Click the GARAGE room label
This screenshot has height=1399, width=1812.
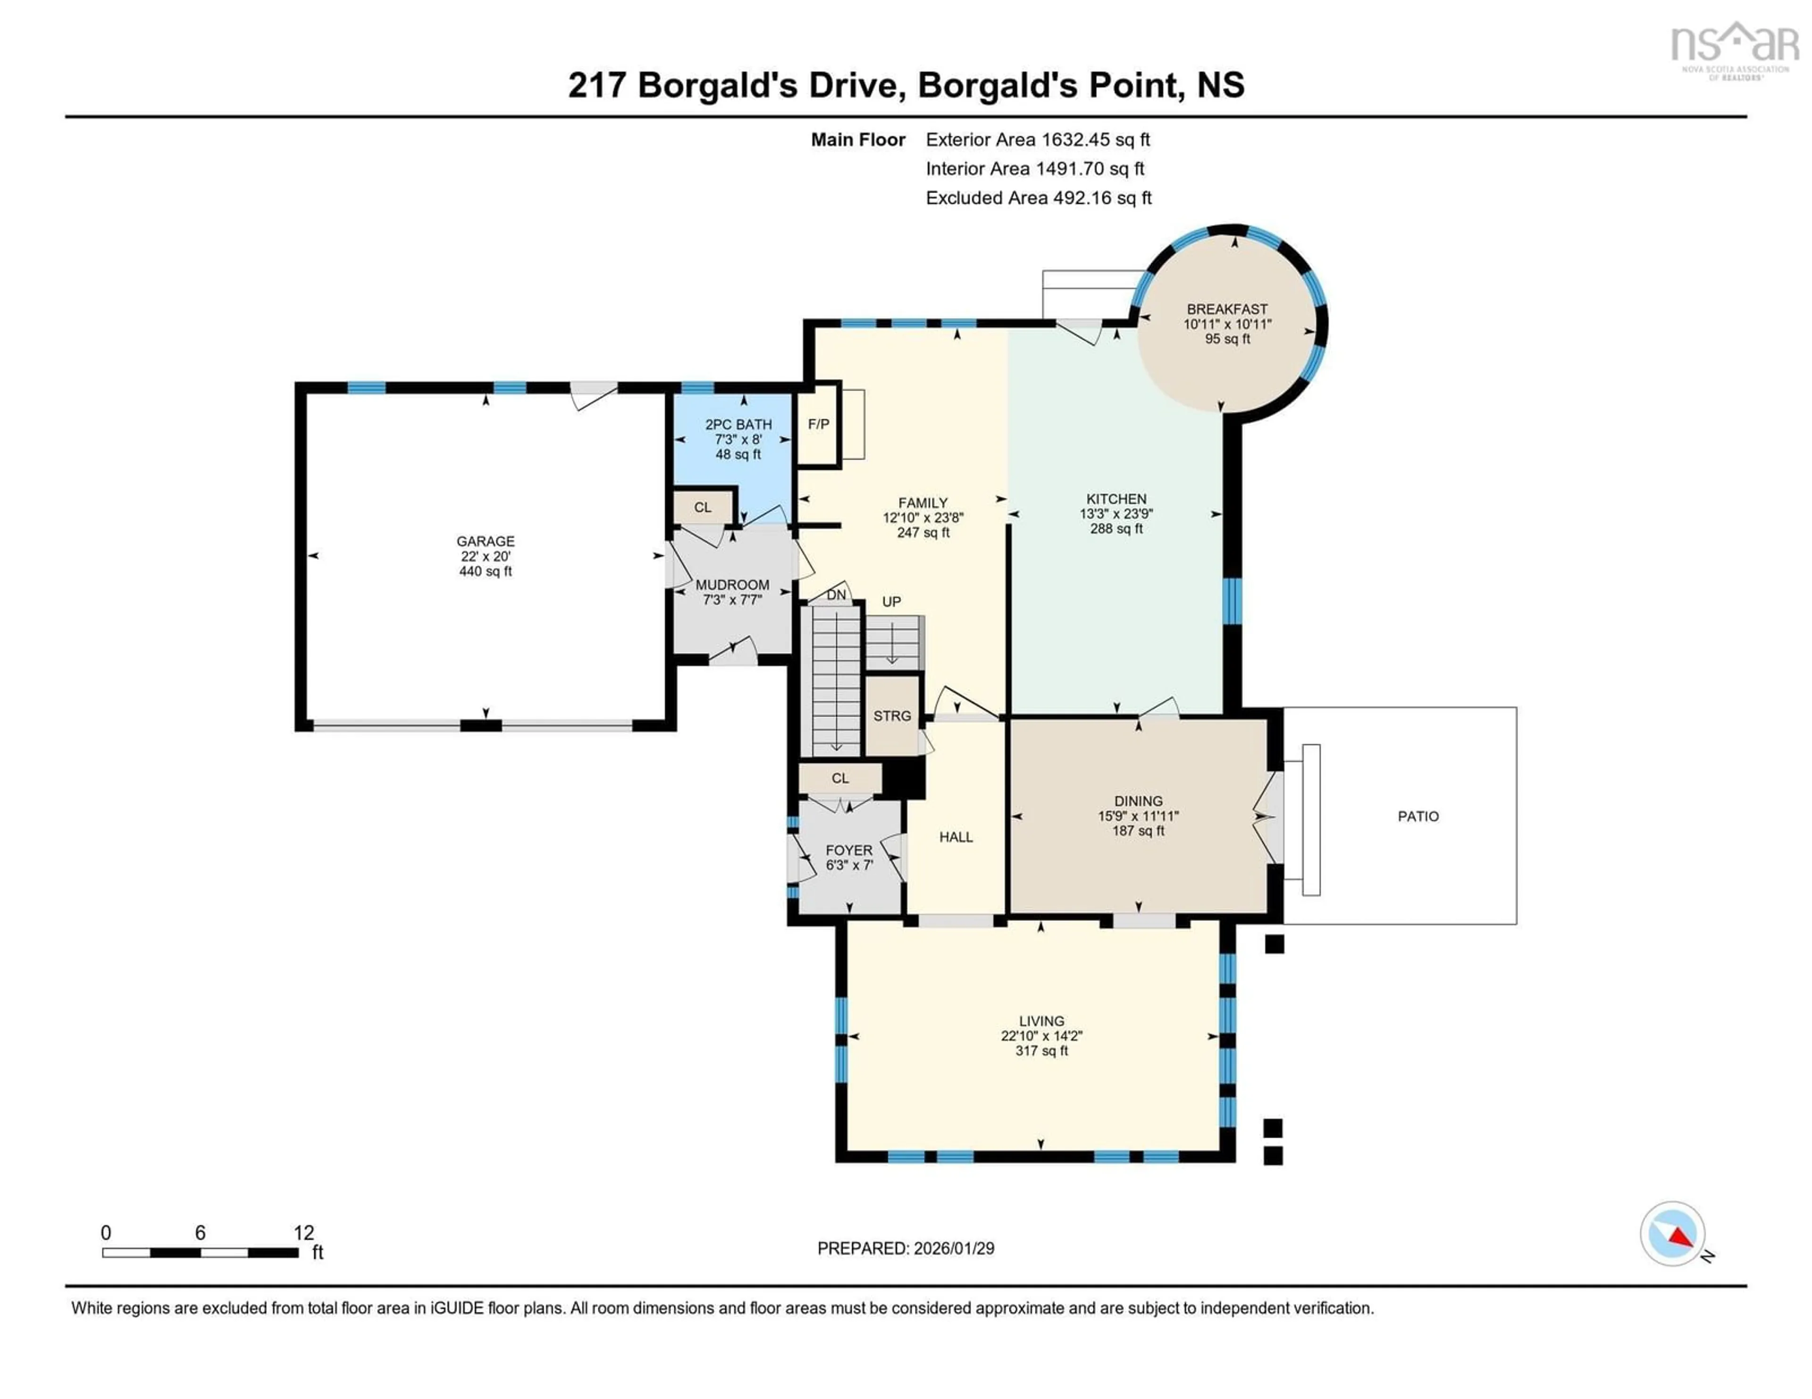click(x=486, y=541)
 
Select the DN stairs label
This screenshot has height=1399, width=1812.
click(x=836, y=595)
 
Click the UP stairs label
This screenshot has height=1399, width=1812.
click(x=891, y=602)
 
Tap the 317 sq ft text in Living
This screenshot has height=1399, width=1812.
click(x=1041, y=1051)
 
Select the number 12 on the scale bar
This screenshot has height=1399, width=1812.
click(x=304, y=1233)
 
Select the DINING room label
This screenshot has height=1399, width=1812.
click(x=1138, y=801)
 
